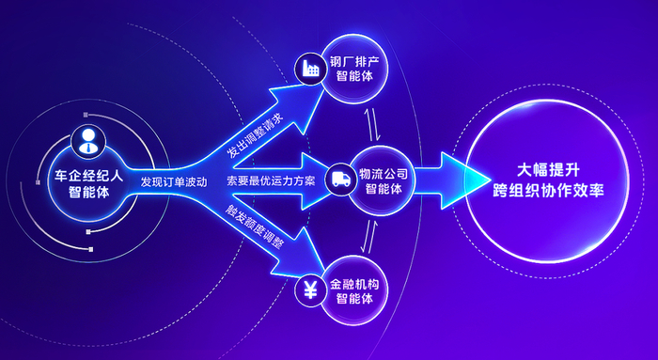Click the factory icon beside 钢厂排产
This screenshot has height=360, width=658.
click(311, 69)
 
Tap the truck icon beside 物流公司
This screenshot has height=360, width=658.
click(340, 180)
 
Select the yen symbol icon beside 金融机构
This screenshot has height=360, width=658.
click(310, 290)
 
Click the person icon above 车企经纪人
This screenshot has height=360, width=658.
click(88, 141)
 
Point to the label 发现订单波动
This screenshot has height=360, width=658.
click(174, 181)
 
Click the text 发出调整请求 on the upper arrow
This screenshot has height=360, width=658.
click(255, 135)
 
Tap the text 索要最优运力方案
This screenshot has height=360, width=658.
click(271, 180)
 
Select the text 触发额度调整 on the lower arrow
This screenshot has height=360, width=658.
click(254, 227)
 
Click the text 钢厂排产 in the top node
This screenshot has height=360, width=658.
click(354, 62)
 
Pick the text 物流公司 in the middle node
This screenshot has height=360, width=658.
click(384, 173)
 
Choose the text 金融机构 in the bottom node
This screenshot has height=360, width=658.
click(354, 284)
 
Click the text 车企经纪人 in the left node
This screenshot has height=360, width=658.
click(89, 176)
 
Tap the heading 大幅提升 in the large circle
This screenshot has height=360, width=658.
click(548, 170)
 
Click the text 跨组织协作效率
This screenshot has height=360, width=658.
click(548, 190)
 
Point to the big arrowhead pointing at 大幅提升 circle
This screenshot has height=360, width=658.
click(465, 180)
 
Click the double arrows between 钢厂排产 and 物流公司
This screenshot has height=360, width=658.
click(373, 125)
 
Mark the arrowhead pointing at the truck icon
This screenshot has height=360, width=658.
click(314, 180)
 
